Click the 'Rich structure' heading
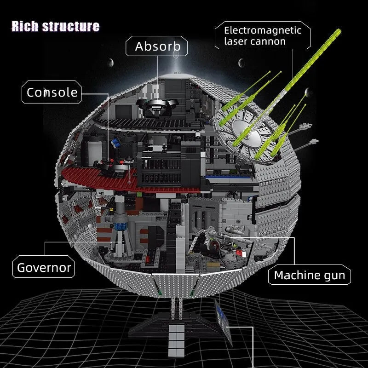(56, 26)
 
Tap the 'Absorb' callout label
(156, 46)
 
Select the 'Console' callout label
(52, 92)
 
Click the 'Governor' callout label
(44, 267)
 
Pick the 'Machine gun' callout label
(309, 275)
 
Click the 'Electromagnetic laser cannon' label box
(263, 35)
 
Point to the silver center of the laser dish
(247, 133)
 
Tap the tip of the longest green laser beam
(339, 31)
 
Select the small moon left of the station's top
(111, 63)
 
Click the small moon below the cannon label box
(241, 63)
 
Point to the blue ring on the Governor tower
(120, 226)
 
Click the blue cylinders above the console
(116, 143)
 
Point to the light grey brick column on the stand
(177, 340)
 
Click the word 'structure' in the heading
(71, 26)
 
